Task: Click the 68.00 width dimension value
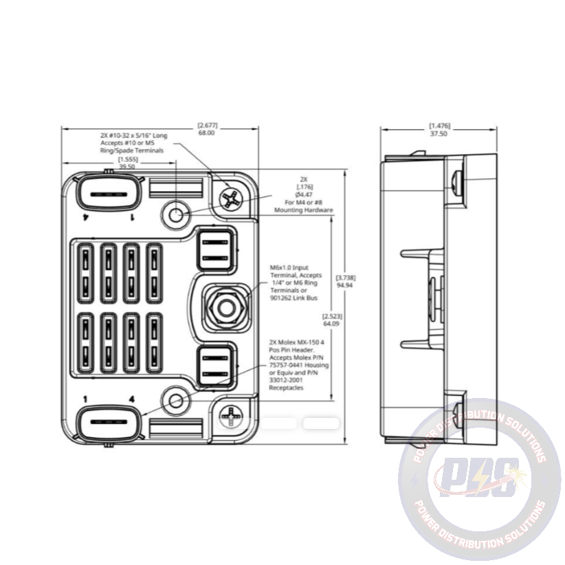206,133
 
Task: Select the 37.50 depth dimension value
438,134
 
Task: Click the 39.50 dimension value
127,166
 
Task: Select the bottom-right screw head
232,414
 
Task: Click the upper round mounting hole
175,214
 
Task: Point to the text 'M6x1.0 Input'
294,267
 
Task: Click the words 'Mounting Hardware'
304,210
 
